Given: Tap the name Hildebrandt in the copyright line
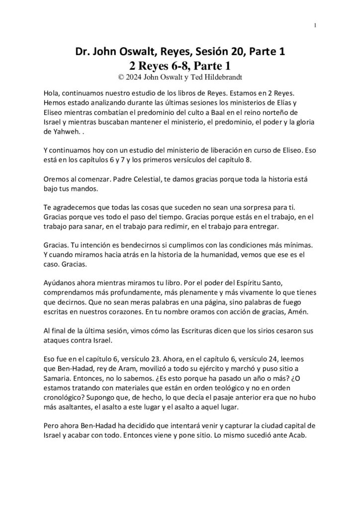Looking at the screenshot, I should (x=219, y=77).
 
